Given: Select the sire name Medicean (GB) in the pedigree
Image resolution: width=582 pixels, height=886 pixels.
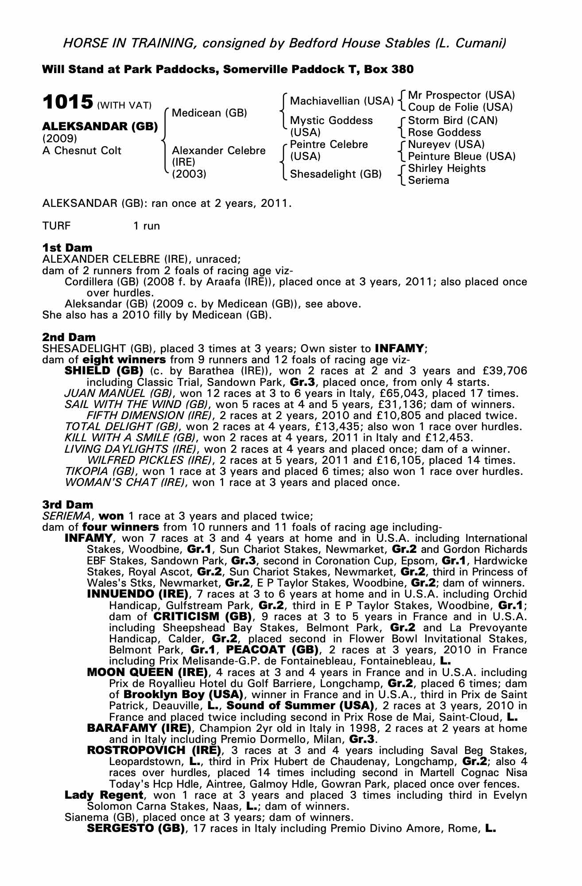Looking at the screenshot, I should pos(209,113).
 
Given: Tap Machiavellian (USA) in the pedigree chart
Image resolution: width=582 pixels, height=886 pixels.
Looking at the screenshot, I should pos(341,101).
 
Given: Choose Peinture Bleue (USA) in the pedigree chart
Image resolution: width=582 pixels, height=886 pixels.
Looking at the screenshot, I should pos(462,156).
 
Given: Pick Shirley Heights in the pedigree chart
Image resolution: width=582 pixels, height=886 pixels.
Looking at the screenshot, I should pos(446,168).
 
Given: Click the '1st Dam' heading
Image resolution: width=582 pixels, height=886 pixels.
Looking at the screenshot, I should pos(67,247).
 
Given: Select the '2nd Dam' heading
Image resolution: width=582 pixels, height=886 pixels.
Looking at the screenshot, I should pos(69,338).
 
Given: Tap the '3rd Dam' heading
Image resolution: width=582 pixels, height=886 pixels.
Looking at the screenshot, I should pos(68,505).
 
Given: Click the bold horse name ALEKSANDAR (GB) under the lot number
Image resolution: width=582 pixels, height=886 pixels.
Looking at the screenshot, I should pos(100,127).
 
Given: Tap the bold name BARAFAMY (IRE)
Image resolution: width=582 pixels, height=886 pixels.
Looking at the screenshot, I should pos(139,728).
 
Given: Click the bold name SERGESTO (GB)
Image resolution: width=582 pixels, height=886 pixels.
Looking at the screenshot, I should pos(136,828).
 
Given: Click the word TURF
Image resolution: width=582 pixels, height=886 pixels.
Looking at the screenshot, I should pos(56,226).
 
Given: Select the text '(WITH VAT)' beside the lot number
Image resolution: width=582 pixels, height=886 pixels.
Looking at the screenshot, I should pos(124,105).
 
